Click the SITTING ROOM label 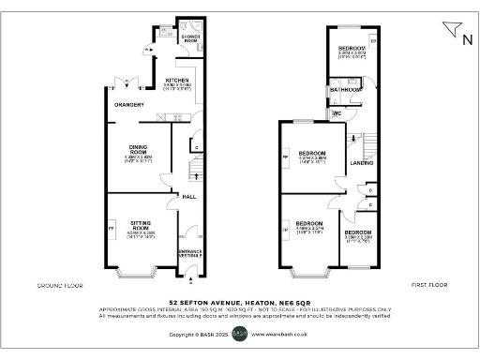pos(141,226)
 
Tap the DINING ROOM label pos(141,151)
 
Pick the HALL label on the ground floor pos(188,197)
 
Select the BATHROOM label pos(339,90)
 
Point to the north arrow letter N pos(466,38)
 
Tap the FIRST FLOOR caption pos(427,284)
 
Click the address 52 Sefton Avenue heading pos(239,303)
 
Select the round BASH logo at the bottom pos(239,333)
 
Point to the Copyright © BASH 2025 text pos(198,333)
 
